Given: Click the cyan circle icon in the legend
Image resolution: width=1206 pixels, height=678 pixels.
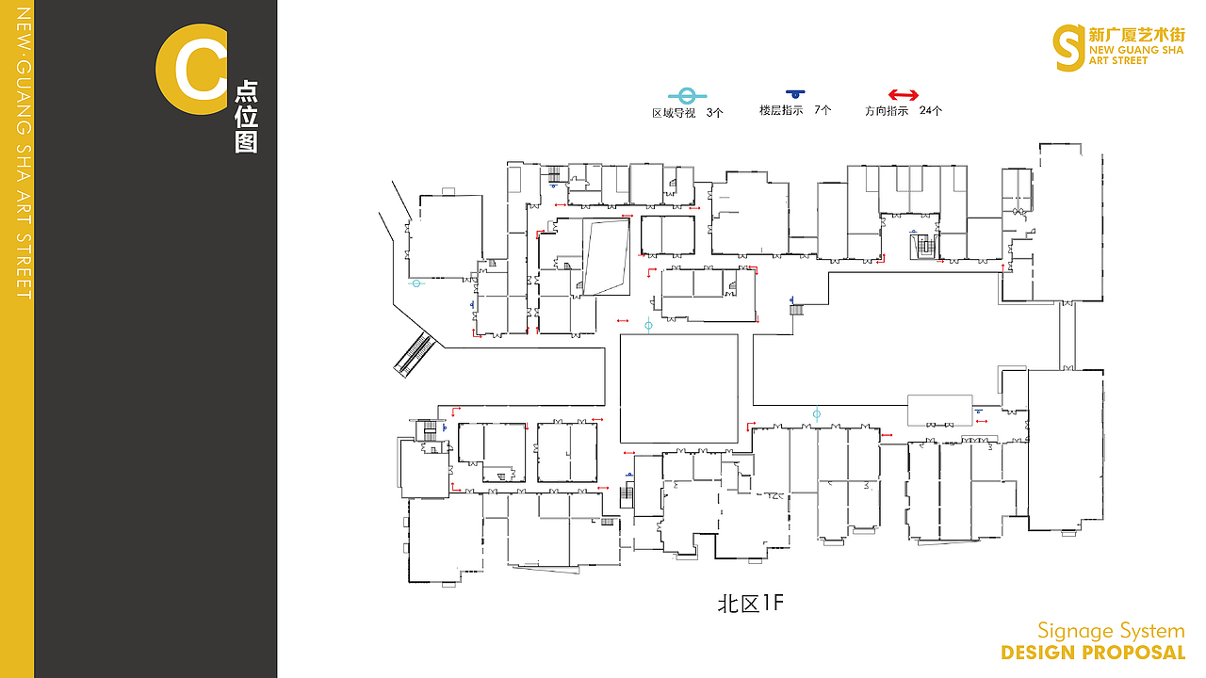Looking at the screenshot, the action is click(x=687, y=96).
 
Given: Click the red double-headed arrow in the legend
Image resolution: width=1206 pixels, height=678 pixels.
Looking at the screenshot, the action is click(x=903, y=95).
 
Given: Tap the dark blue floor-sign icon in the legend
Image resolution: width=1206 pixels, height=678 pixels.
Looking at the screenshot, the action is click(x=795, y=93).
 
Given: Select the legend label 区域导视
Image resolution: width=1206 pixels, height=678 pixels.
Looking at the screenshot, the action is click(x=674, y=113).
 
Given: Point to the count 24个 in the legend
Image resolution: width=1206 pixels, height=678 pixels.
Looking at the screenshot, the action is click(x=930, y=110).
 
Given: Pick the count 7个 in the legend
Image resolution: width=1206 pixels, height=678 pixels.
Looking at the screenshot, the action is click(x=823, y=110).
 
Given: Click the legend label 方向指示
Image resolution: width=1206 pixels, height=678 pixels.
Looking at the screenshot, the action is click(x=887, y=111).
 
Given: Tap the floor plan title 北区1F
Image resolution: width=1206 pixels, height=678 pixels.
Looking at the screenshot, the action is click(x=751, y=604).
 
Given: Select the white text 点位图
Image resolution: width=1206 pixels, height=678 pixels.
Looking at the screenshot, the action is click(x=246, y=117).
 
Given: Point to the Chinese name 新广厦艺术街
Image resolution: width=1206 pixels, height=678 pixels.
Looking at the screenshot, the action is click(x=1136, y=35).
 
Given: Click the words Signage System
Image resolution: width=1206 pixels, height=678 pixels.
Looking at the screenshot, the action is click(x=1111, y=631).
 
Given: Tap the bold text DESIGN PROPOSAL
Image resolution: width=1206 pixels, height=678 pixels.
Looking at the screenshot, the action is click(x=1093, y=653).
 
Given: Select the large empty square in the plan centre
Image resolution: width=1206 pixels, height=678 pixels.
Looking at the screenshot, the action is click(x=679, y=389).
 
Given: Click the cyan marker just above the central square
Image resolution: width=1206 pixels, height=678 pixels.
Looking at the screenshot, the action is click(x=648, y=325).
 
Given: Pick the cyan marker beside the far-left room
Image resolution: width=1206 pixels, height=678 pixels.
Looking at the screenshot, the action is click(x=416, y=283).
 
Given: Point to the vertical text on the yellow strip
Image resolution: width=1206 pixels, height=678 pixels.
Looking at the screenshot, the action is click(x=24, y=153).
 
